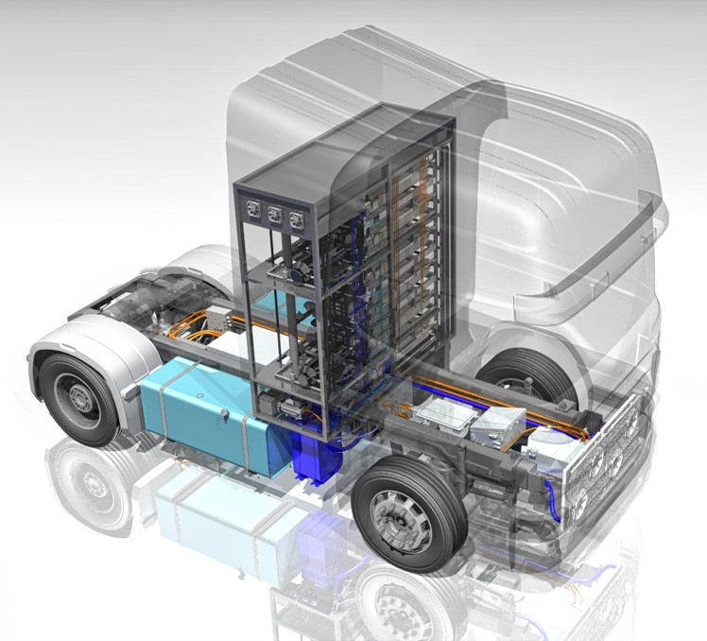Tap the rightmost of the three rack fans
coord(298,219)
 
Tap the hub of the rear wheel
coord(79,397)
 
